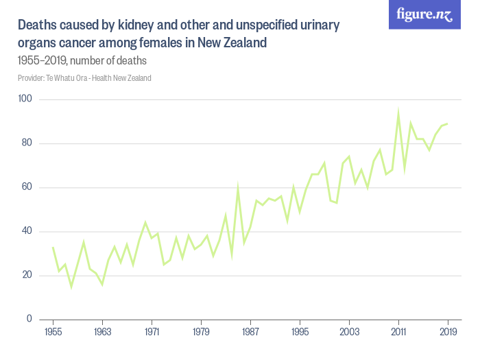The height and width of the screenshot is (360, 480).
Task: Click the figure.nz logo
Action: [424, 15]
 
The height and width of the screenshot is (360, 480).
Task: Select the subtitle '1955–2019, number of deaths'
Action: [82, 61]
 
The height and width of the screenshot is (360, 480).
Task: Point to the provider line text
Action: [84, 78]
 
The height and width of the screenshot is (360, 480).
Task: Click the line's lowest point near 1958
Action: [71, 286]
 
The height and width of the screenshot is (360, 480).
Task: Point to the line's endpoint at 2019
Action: [448, 124]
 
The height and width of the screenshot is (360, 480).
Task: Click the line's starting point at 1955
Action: [53, 247]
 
